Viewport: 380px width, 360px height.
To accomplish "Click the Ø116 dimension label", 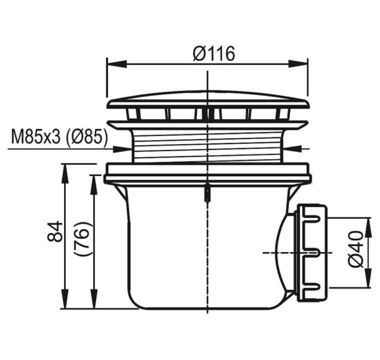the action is tap(214, 54).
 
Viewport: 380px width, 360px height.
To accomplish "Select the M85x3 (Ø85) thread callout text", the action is tap(60, 137).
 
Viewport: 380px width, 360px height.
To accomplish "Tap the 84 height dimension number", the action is tap(55, 231).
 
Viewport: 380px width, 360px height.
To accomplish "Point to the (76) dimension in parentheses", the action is tap(83, 238).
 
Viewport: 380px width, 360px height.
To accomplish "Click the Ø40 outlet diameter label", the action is tap(356, 249).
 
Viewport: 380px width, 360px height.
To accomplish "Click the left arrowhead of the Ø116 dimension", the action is tap(117, 64).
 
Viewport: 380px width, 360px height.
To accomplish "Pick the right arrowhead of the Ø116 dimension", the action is tap(298, 64).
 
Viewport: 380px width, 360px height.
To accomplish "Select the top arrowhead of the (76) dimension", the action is tap(94, 185).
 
